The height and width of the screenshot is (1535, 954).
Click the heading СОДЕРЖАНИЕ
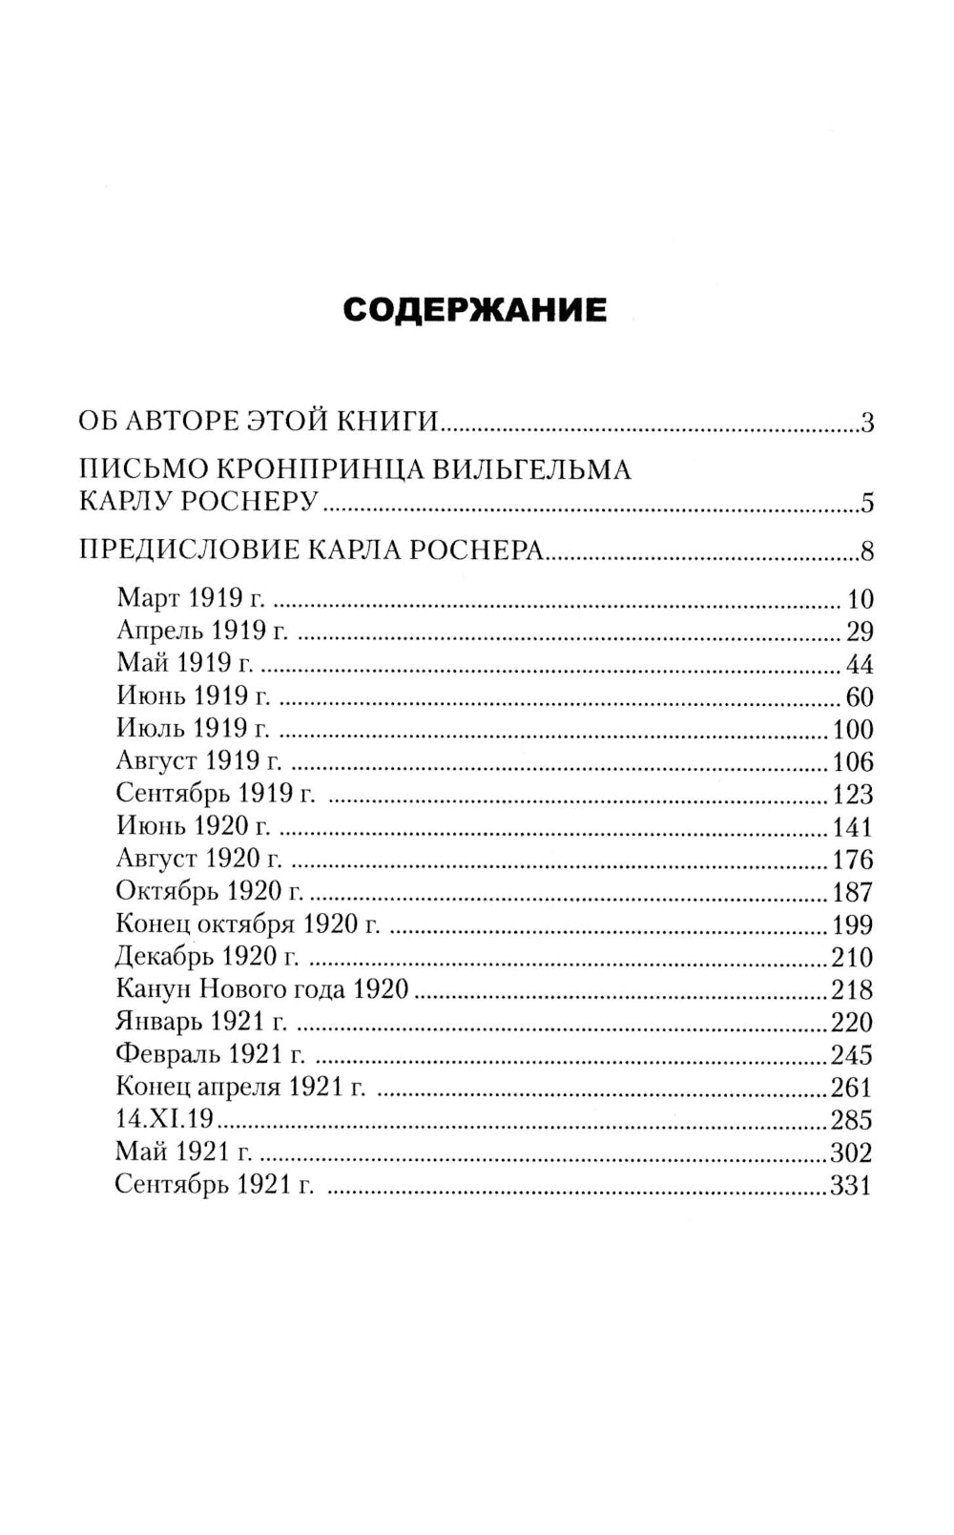click(474, 310)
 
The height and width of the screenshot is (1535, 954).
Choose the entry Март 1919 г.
click(190, 599)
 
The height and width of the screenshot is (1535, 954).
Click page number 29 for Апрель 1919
click(859, 632)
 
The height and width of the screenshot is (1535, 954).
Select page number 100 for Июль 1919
click(852, 730)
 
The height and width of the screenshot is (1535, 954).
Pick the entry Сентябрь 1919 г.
click(216, 794)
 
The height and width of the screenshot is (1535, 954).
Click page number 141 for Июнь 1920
click(852, 827)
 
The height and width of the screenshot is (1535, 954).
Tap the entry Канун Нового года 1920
click(261, 989)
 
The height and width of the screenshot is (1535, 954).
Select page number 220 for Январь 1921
click(851, 1023)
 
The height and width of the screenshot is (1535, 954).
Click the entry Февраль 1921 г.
click(210, 1055)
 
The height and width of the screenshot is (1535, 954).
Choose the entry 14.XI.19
click(163, 1120)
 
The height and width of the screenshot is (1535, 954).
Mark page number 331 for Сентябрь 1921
click(851, 1186)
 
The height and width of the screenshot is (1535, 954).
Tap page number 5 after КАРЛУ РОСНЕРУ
click(866, 503)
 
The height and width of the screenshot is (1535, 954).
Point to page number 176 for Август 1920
click(852, 860)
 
